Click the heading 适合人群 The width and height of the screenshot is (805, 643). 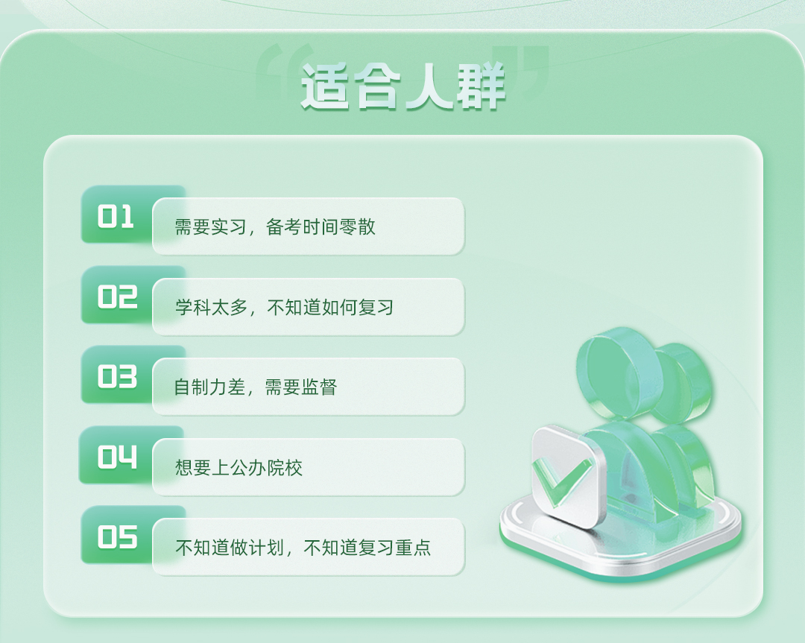[x=403, y=86]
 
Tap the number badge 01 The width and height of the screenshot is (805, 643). [x=116, y=217]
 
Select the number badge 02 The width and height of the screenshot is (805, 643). [x=118, y=297]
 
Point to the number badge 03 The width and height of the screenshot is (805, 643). [x=118, y=377]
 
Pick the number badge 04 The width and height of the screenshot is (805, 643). [x=118, y=457]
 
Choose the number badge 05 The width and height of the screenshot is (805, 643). [x=118, y=536]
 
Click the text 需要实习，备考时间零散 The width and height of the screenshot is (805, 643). [x=275, y=227]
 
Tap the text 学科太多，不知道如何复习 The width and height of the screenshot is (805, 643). [x=285, y=307]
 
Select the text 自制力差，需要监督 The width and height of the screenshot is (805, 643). [x=255, y=387]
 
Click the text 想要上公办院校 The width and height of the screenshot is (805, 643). [x=239, y=467]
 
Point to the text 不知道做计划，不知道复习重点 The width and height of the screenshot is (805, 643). [x=303, y=548]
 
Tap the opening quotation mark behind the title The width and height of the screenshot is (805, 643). [x=284, y=71]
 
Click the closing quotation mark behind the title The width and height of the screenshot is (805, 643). [x=520, y=71]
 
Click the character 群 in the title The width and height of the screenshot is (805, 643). [x=482, y=86]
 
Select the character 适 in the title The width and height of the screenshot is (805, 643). [x=325, y=86]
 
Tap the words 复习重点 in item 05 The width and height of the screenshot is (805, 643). [x=394, y=548]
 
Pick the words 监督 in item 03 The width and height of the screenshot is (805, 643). [x=319, y=387]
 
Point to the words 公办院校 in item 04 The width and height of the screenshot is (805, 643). [x=266, y=467]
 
